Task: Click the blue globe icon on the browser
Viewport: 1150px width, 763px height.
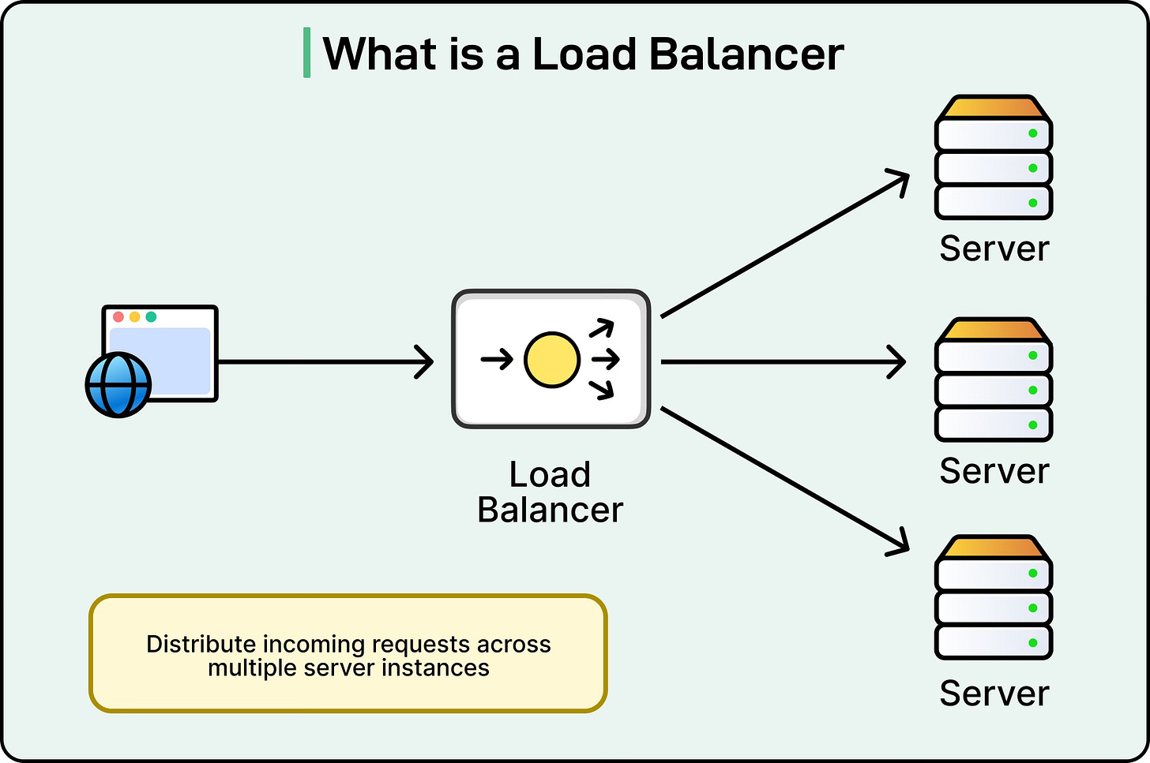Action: click(x=118, y=384)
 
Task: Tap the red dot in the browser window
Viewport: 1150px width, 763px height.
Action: click(x=118, y=316)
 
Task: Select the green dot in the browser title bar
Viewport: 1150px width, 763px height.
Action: click(x=151, y=316)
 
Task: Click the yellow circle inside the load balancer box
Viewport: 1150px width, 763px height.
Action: click(x=552, y=360)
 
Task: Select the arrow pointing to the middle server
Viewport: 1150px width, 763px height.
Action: click(x=782, y=362)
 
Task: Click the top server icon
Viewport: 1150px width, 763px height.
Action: click(x=994, y=158)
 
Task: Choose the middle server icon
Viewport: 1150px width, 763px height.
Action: click(x=994, y=380)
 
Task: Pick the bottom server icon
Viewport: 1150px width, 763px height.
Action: click(x=994, y=598)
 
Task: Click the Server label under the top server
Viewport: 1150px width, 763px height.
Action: click(x=994, y=249)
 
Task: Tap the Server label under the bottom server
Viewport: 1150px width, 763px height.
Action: click(x=994, y=694)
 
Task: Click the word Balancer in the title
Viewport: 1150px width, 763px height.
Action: click(x=746, y=54)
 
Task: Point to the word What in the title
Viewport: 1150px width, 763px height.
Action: click(x=381, y=54)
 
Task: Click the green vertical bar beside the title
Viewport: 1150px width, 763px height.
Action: click(x=306, y=53)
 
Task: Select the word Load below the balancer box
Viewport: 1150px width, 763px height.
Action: click(x=550, y=475)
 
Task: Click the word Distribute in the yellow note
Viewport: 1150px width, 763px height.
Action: click(x=201, y=644)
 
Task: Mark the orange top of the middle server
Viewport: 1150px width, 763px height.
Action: click(x=994, y=330)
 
